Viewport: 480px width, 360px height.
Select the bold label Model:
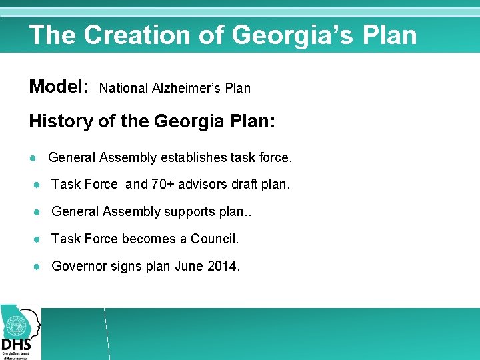point(59,87)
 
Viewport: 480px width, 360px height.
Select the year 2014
point(224,266)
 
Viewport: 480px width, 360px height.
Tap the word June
point(189,266)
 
